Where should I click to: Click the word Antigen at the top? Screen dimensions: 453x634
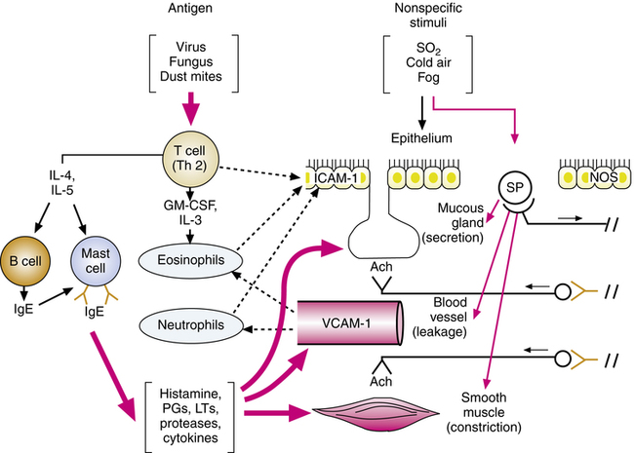pyautogui.click(x=182, y=10)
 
